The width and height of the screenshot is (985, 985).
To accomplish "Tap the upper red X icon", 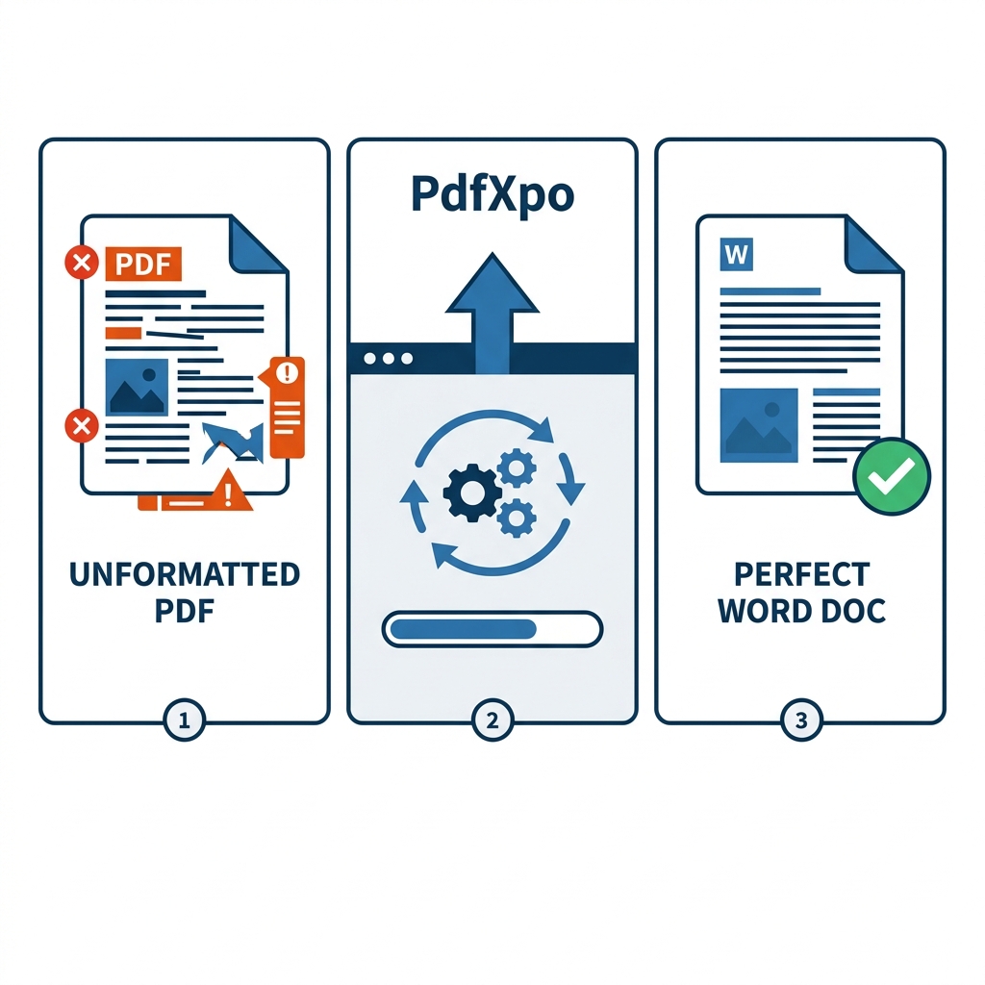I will pyautogui.click(x=81, y=262).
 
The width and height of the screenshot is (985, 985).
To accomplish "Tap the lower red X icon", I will pyautogui.click(x=81, y=424).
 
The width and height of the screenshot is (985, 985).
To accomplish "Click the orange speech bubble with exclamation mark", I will pyautogui.click(x=287, y=404).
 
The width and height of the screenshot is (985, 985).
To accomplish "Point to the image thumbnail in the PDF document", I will pyautogui.click(x=136, y=388).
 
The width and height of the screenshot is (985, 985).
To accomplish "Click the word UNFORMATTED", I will pyautogui.click(x=185, y=575).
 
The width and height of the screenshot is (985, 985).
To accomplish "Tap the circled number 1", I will pyautogui.click(x=185, y=720).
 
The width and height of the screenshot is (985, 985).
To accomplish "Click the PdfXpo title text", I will pyautogui.click(x=492, y=195).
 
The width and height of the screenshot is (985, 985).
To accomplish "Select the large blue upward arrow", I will pyautogui.click(x=492, y=308).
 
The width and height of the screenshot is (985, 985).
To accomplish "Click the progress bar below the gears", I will pyautogui.click(x=492, y=629).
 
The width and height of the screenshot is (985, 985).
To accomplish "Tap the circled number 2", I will pyautogui.click(x=492, y=720).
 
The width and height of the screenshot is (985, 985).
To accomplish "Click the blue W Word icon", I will pyautogui.click(x=737, y=255).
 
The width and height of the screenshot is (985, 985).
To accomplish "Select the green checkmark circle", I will pyautogui.click(x=892, y=475).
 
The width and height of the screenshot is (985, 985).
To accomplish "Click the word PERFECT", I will pyautogui.click(x=801, y=575).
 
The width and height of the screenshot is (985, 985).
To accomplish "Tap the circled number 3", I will pyautogui.click(x=800, y=720).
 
